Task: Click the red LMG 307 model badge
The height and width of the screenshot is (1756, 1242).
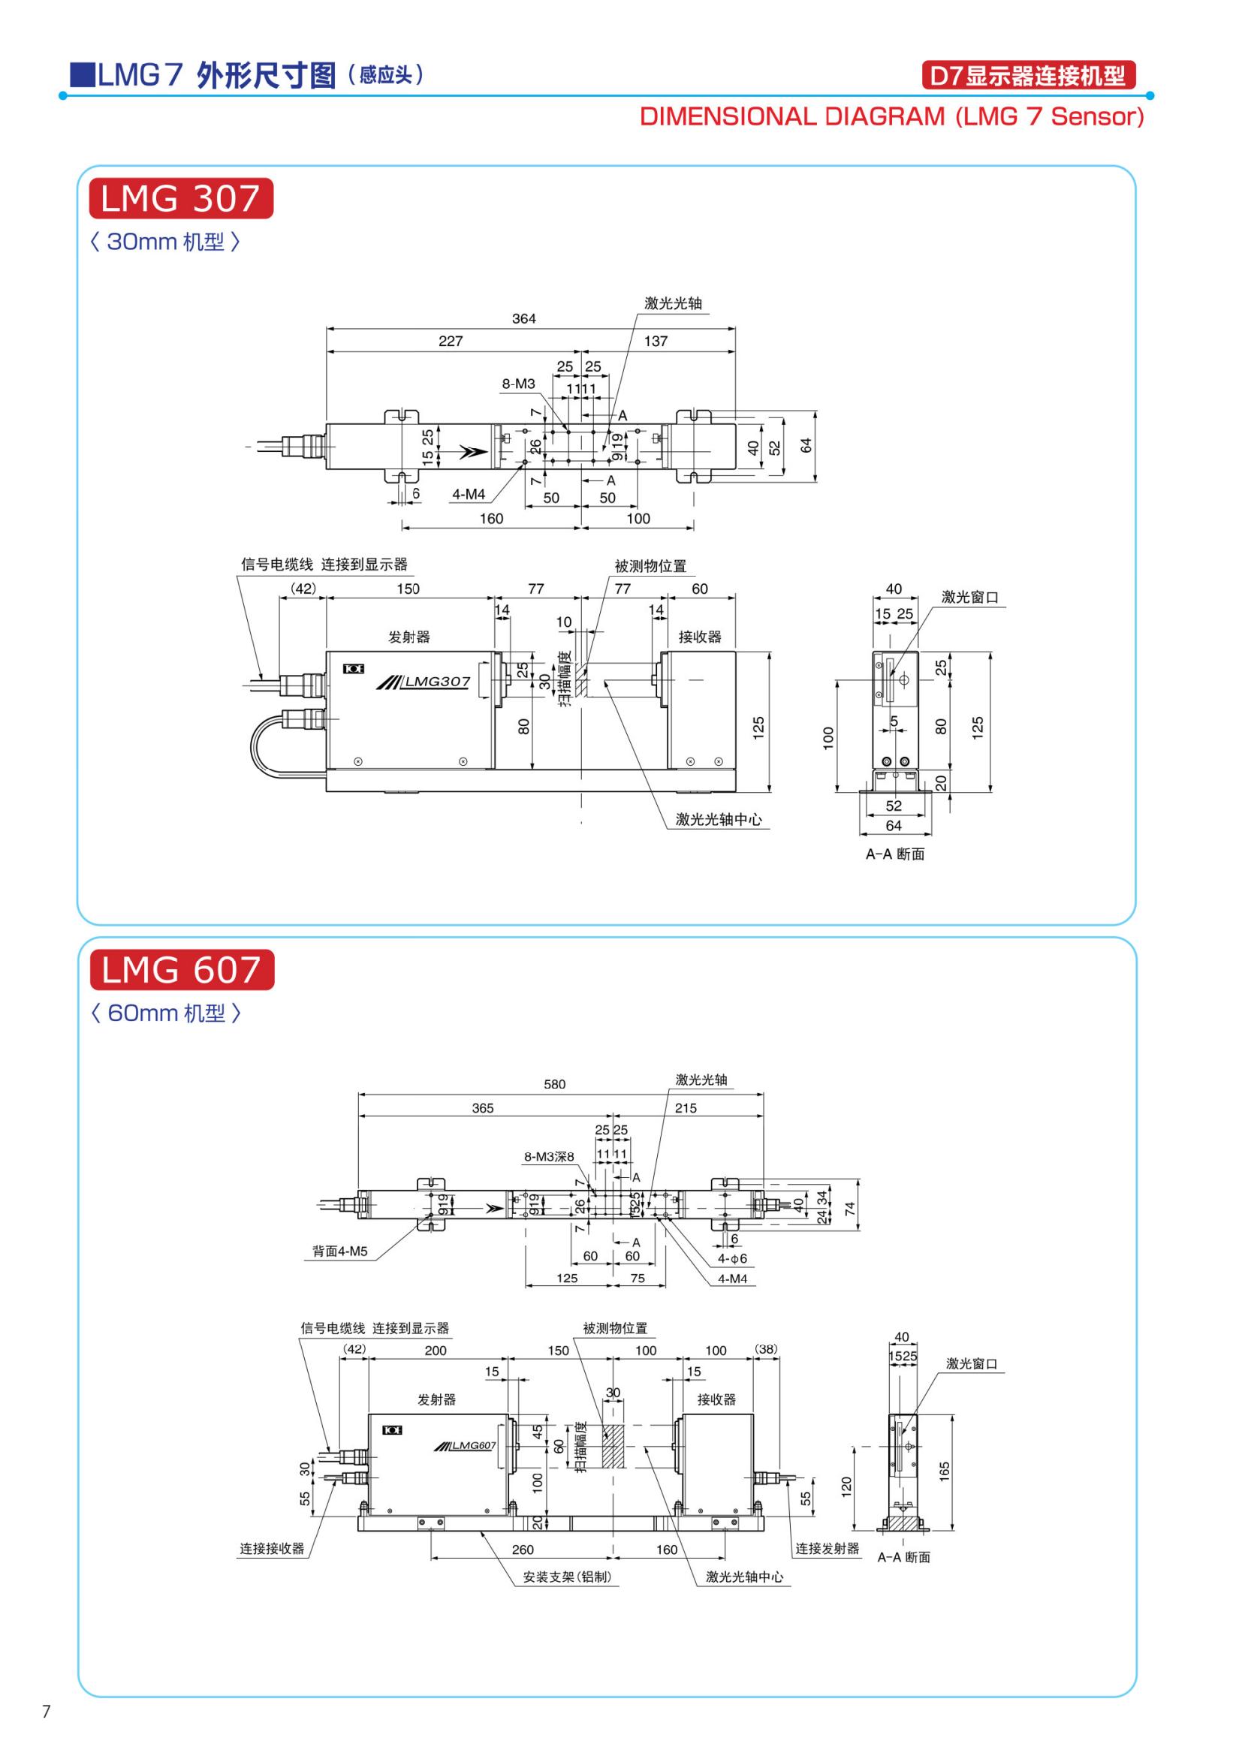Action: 180,199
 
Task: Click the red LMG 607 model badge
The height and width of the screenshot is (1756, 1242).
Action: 181,971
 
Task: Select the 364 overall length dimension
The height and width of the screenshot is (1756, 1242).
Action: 524,319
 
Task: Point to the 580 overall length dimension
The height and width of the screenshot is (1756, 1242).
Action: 554,1084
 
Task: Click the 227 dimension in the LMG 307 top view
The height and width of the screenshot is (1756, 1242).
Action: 451,341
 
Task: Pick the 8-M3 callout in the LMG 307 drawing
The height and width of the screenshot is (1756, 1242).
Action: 519,384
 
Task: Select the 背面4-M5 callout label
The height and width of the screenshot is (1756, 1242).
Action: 339,1251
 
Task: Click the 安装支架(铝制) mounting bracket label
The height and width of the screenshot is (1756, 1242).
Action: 568,1577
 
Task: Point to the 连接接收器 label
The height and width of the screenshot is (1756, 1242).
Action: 273,1549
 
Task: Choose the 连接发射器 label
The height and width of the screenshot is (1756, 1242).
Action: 827,1549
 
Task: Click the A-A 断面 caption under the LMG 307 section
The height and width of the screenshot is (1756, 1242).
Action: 895,854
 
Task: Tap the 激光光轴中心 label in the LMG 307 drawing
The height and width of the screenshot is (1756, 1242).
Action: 719,820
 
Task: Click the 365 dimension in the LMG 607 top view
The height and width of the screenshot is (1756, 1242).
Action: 483,1107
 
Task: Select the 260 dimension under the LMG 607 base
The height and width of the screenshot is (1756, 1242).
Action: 523,1550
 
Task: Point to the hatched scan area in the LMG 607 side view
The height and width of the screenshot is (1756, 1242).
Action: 613,1446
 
